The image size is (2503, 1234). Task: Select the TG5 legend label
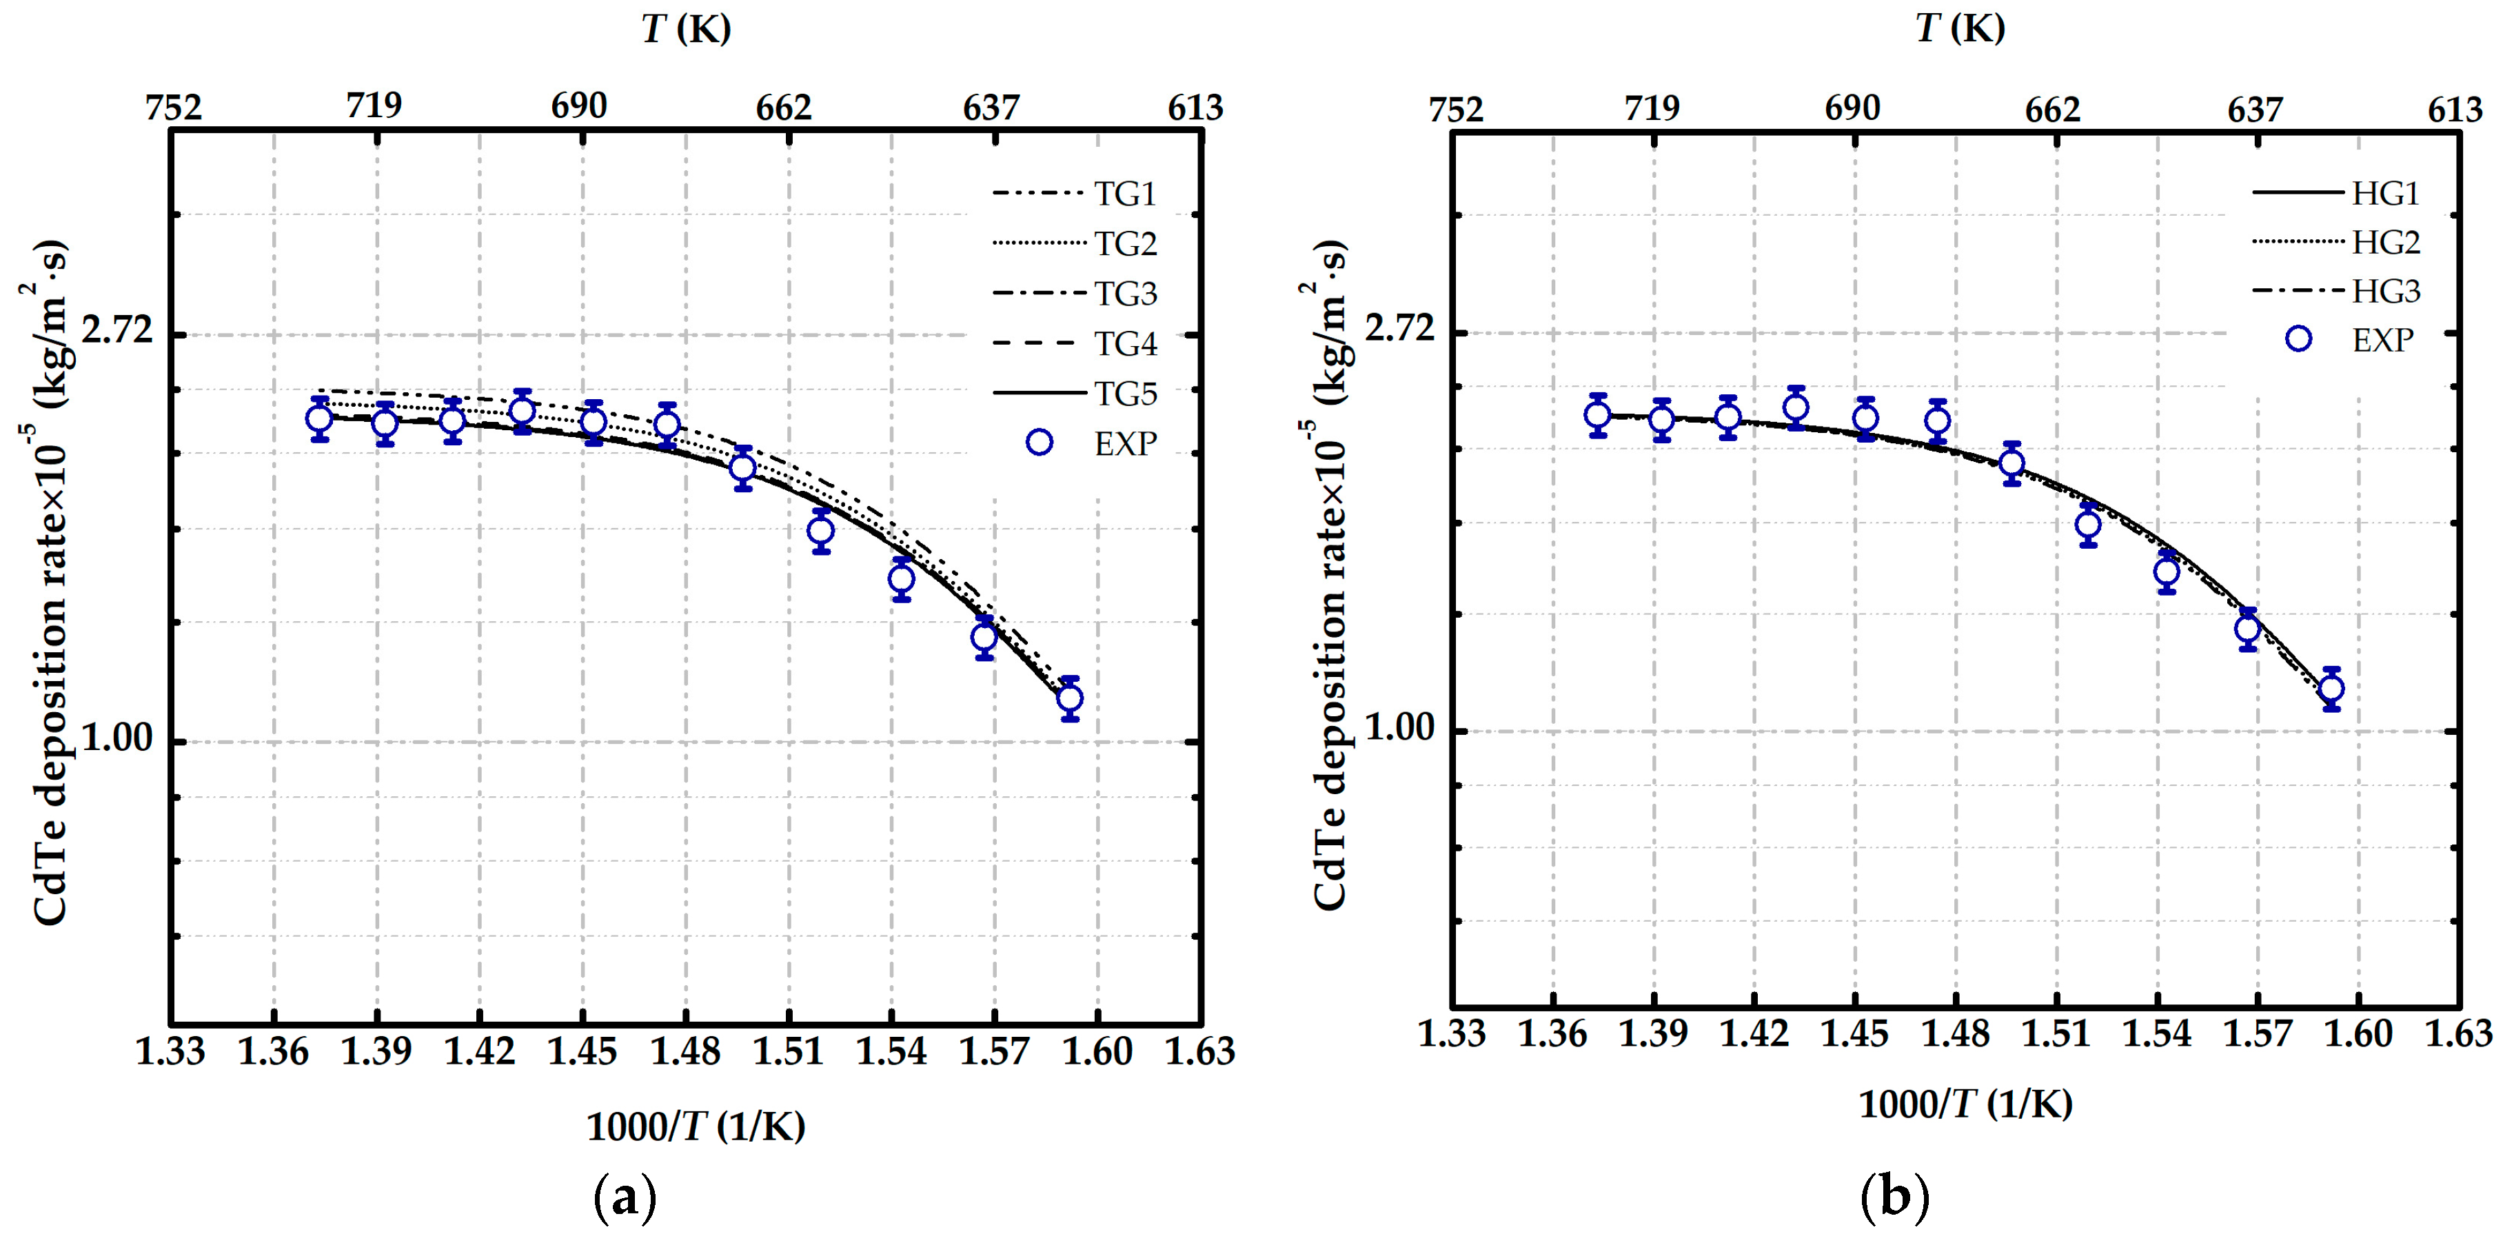1125,394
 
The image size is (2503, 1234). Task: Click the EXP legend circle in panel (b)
2298,339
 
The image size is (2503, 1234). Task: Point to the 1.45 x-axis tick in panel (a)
582,1051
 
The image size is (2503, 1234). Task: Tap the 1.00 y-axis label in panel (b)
1399,727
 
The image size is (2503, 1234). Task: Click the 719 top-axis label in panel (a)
374,105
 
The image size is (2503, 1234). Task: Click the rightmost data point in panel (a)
1070,698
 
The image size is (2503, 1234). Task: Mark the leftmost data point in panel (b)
1597,416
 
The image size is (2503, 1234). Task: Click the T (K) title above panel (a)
686,28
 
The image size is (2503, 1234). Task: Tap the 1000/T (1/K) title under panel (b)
1965,1104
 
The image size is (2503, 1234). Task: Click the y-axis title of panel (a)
47,583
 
